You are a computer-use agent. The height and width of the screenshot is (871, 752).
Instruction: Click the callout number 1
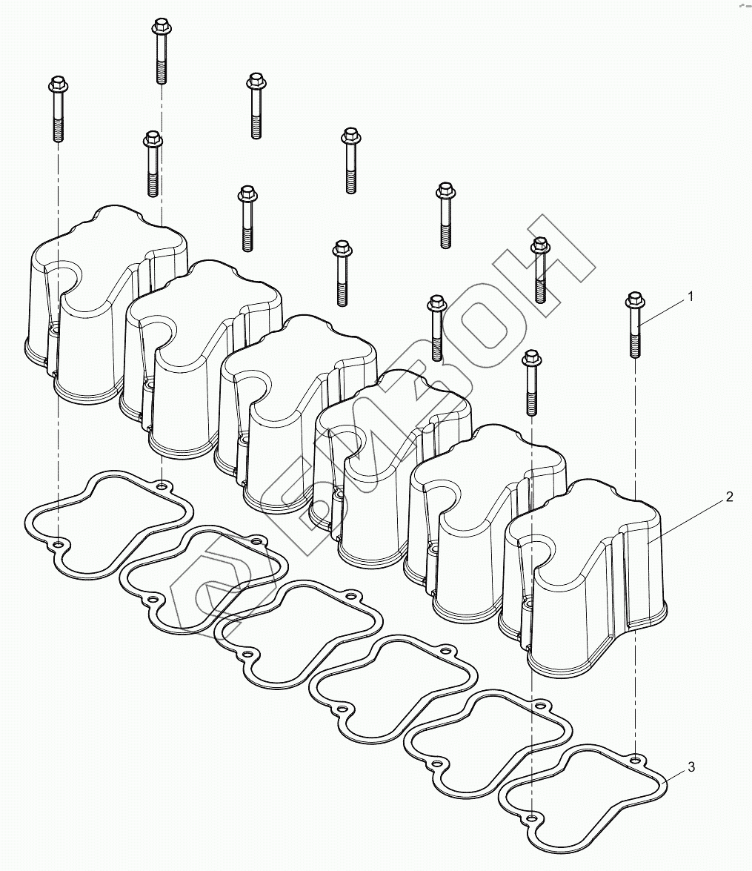(691, 297)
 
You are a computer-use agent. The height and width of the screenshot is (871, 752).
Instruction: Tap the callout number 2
(729, 497)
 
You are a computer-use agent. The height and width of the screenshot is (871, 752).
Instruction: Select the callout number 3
(691, 767)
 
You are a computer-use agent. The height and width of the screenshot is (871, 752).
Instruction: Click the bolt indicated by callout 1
(635, 325)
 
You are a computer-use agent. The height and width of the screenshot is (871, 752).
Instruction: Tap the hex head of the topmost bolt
(161, 25)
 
